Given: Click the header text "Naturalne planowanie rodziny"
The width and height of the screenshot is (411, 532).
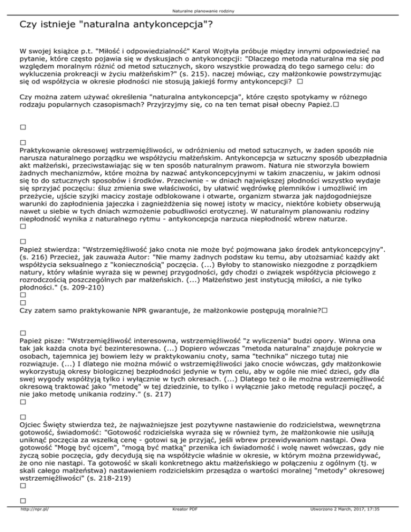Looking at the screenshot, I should [205, 10].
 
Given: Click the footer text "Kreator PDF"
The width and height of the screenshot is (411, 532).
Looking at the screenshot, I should [182, 525].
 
